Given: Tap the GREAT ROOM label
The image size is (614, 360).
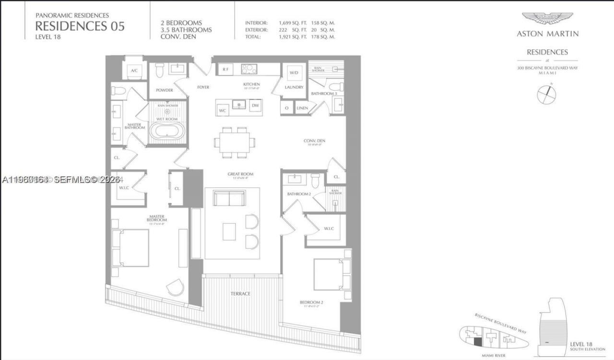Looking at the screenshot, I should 240,174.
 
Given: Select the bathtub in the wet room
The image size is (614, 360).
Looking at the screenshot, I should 167,131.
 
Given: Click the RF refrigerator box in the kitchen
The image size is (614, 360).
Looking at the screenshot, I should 226,70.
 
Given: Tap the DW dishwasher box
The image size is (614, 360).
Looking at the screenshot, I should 255,105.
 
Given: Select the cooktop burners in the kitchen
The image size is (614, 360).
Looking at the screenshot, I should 249,70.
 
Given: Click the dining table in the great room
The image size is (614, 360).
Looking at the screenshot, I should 235,142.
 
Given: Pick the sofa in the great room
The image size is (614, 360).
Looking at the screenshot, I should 229,198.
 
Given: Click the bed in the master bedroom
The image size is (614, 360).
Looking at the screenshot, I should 130,248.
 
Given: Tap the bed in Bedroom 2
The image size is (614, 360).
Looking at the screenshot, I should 329,275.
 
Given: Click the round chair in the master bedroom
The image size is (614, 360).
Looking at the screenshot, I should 175,288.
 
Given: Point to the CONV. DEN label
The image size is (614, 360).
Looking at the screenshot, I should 315,141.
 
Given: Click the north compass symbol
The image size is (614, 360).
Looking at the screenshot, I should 546,94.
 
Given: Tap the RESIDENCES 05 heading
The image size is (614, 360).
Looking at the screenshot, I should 80,26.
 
